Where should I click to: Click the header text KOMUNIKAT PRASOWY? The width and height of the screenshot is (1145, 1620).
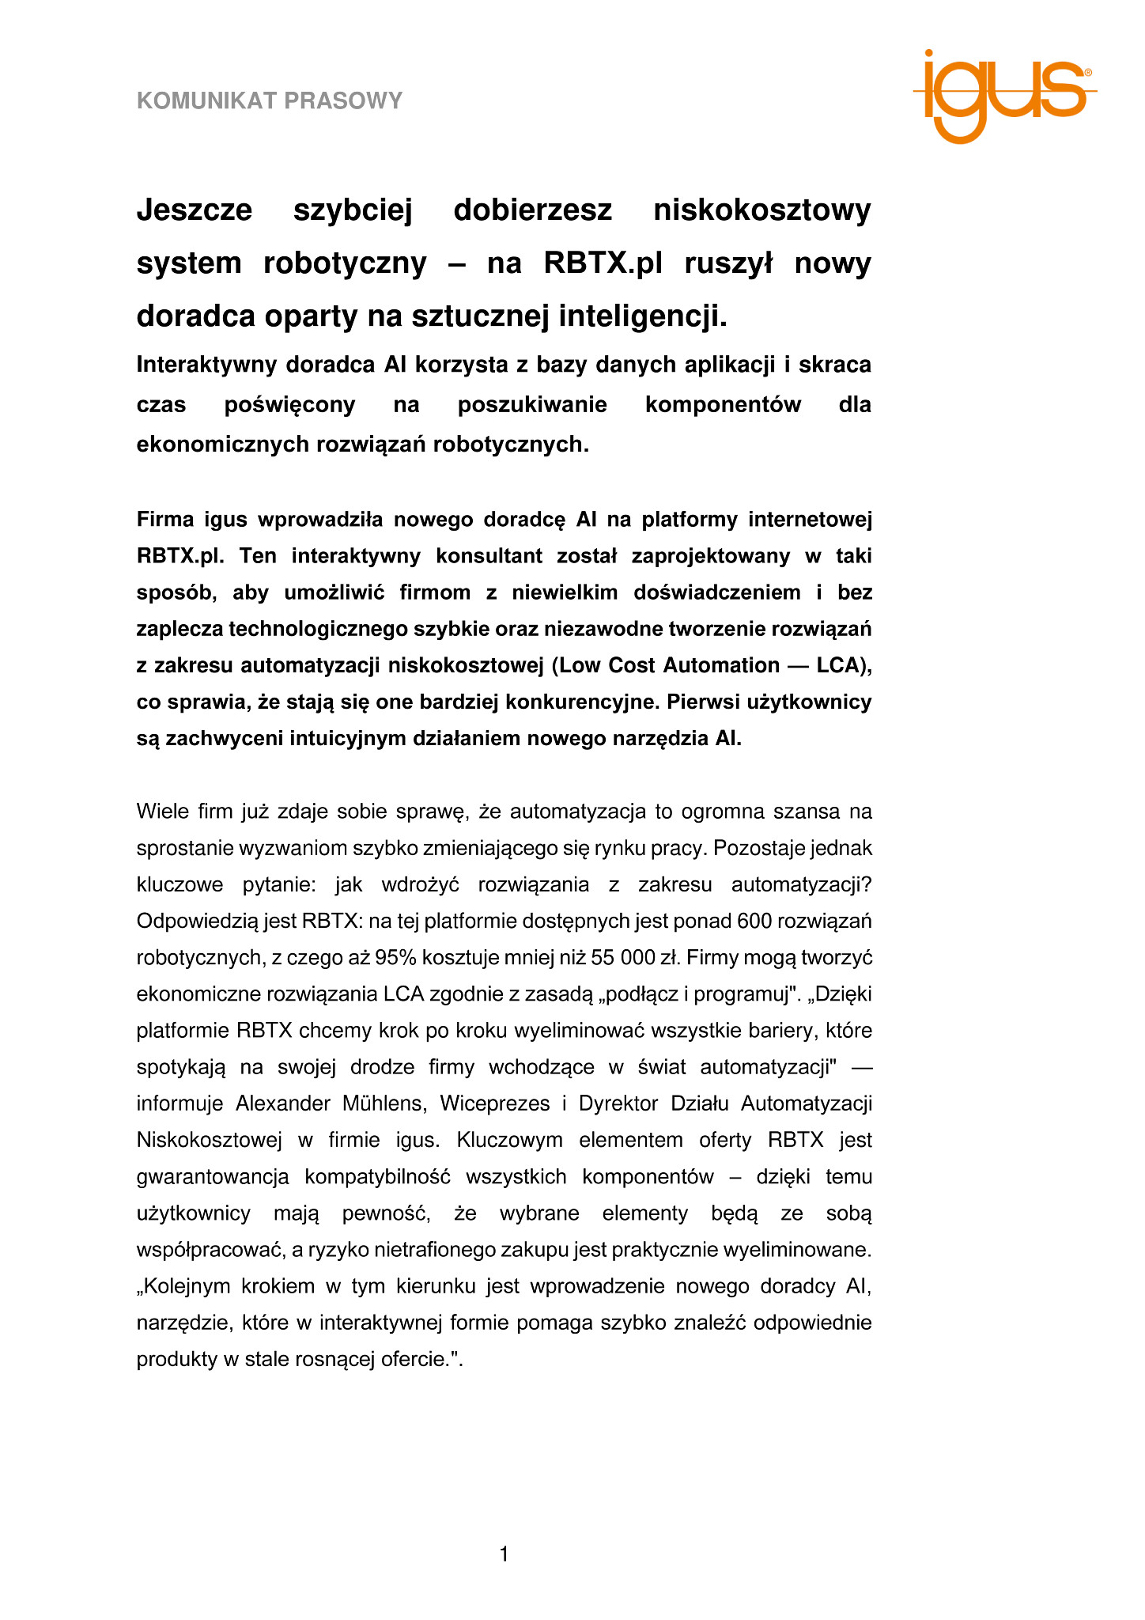click(x=270, y=101)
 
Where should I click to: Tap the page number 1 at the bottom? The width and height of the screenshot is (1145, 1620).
click(x=504, y=1554)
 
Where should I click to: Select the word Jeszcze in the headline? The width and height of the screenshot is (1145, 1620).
click(x=195, y=210)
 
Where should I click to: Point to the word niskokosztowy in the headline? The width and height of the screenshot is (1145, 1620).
click(x=762, y=210)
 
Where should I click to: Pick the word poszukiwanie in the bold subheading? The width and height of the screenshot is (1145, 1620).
click(x=532, y=405)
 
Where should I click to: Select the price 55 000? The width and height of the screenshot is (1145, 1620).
click(x=623, y=957)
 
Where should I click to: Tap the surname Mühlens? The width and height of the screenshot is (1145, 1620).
click(x=384, y=1103)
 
